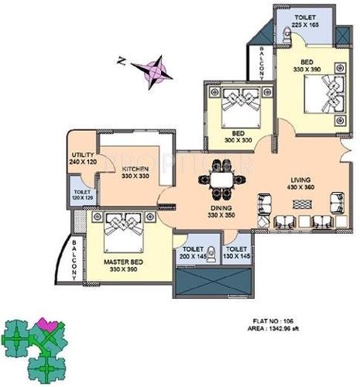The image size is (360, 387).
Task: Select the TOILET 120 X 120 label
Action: pyautogui.click(x=81, y=196)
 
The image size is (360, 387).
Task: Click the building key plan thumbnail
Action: pyautogui.click(x=35, y=341)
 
